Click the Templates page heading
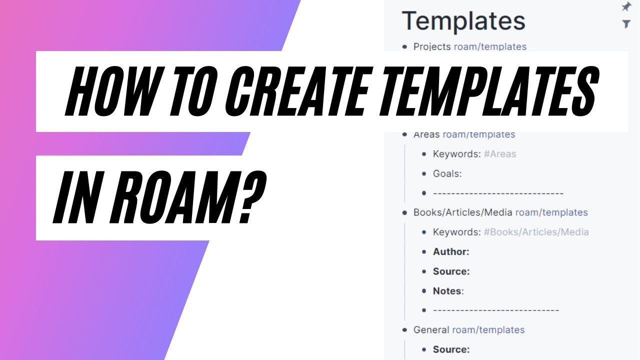point(463,21)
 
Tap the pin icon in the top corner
point(625,7)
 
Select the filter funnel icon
point(625,23)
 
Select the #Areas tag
point(499,154)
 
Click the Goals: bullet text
point(447,173)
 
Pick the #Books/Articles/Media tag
point(536,232)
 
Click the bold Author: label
point(451,251)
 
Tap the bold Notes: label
point(448,291)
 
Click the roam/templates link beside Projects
point(490,47)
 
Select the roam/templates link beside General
point(488,330)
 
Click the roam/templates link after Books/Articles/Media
point(551,212)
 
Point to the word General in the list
point(431,330)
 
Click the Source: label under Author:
point(451,271)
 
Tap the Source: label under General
point(451,349)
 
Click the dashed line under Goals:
point(497,193)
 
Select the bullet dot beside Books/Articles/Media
point(405,212)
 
